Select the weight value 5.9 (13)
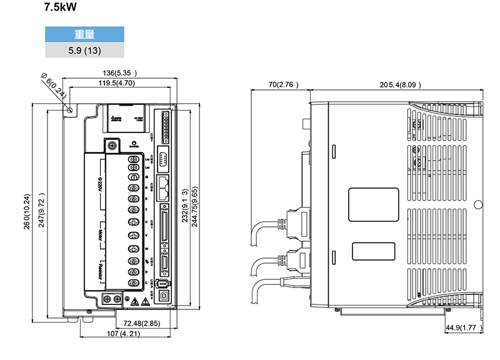pyautogui.click(x=85, y=50)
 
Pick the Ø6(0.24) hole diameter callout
pyautogui.click(x=53, y=84)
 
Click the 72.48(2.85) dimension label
pyautogui.click(x=142, y=323)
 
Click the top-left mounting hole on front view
pyautogui.click(x=70, y=111)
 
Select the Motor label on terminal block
pyautogui.click(x=101, y=236)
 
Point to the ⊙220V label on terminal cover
pyautogui.click(x=100, y=182)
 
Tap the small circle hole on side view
pyautogui.click(x=477, y=204)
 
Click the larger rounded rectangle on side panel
pyautogui.click(x=373, y=204)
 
